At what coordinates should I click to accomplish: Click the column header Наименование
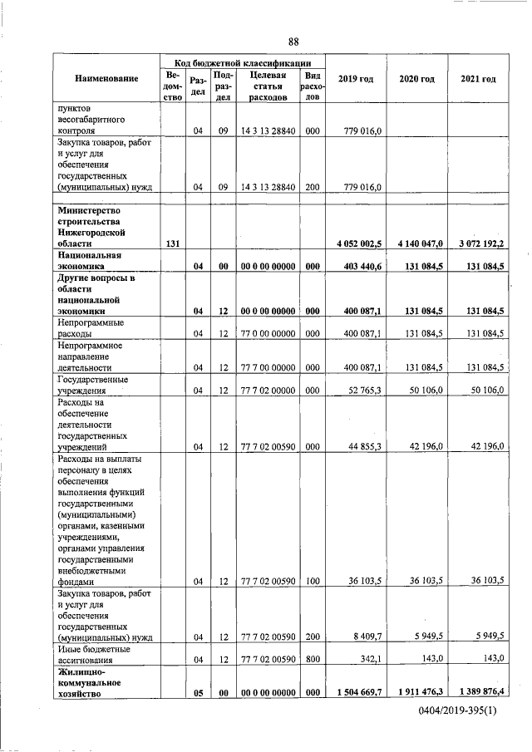(x=106, y=79)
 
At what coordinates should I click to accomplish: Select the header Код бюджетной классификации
(x=243, y=62)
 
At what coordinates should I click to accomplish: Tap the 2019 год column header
(x=356, y=79)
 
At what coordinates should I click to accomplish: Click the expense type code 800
(x=313, y=659)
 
